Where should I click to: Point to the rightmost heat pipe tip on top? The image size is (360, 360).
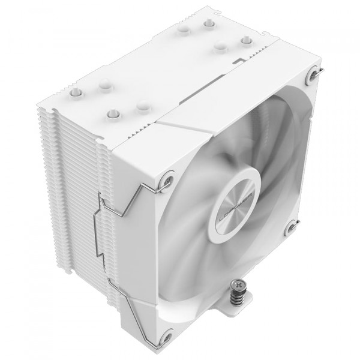pos(245,41)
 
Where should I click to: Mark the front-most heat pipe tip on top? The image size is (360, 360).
pos(112,112)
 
